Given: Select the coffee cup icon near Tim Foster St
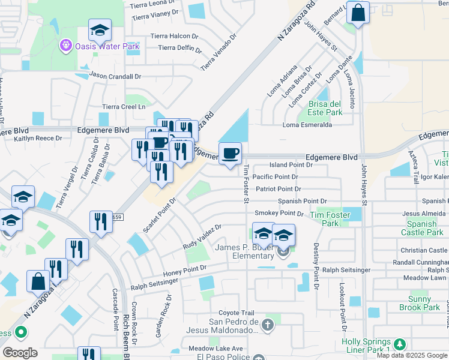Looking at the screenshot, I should point(230,154).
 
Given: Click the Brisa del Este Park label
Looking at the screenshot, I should point(325,108).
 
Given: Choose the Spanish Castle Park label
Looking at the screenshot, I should point(422,228).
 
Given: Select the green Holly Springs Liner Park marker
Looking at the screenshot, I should point(399,344).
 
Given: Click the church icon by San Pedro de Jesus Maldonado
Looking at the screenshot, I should point(268,325).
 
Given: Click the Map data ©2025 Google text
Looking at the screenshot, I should point(412,355).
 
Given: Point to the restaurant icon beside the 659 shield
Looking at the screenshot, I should point(101,221).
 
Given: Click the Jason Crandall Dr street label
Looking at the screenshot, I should point(115,76).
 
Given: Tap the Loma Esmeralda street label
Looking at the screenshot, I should point(307,125).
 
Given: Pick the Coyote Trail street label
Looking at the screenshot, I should point(237,313).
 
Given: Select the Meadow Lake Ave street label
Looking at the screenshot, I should point(215,349).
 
